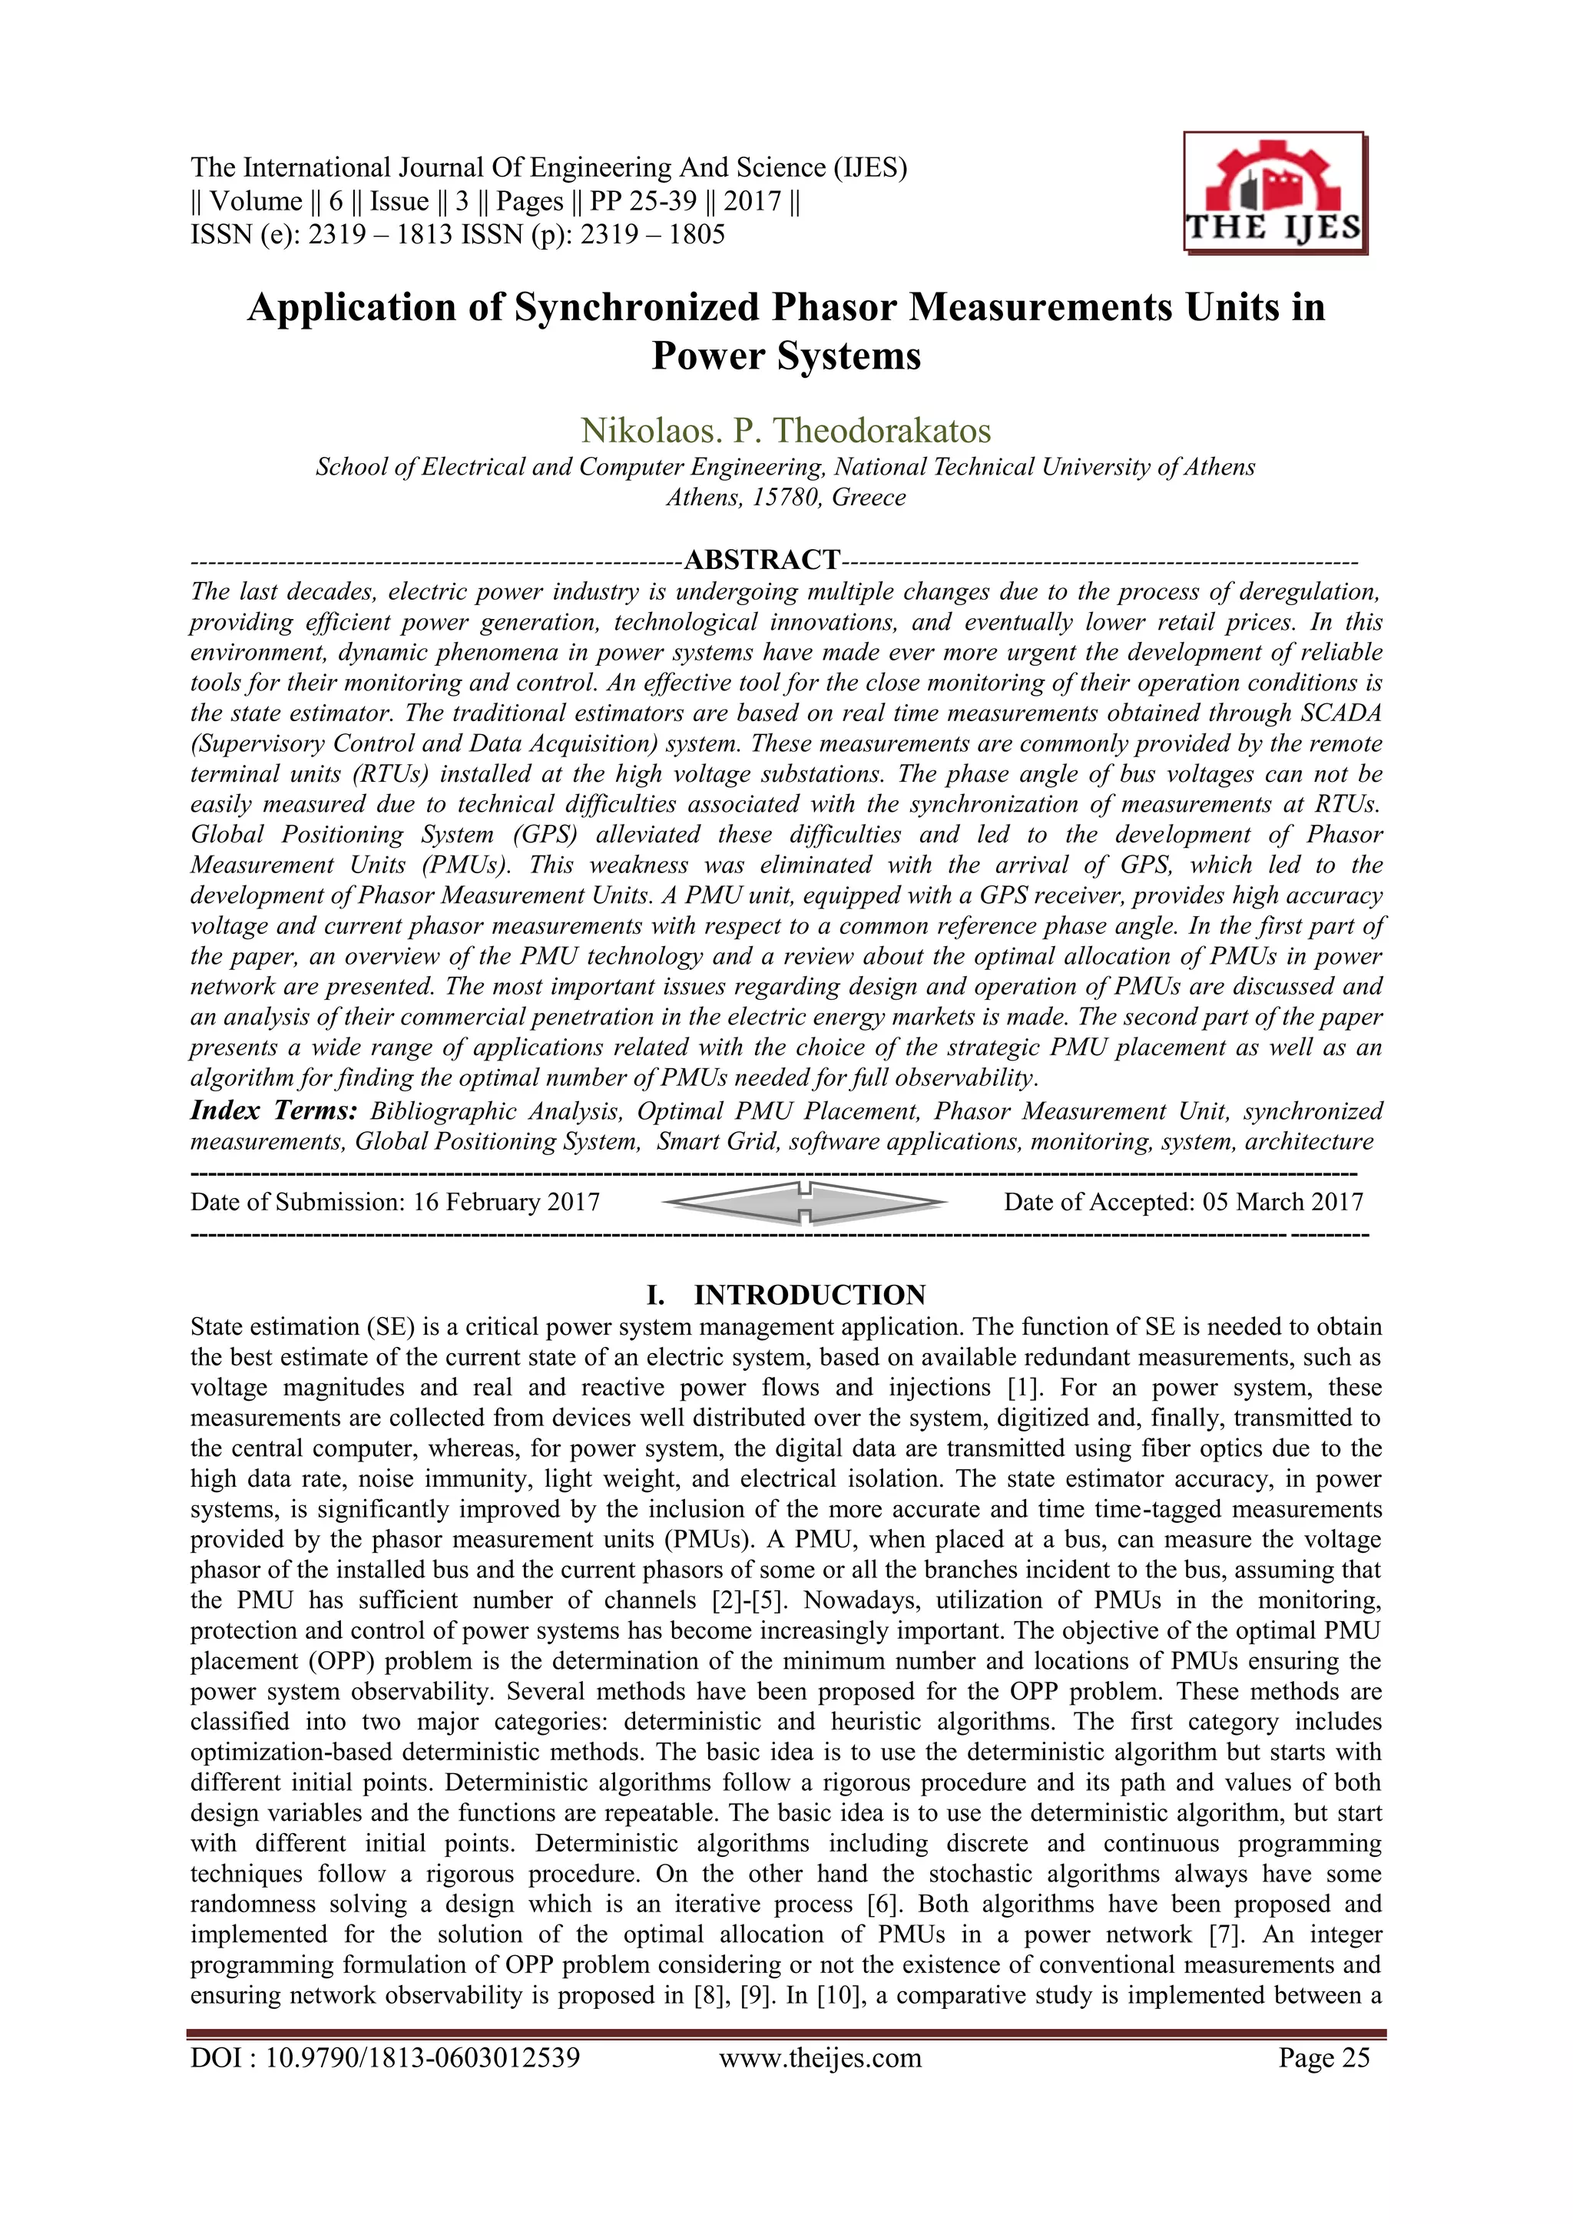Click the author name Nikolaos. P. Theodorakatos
[786, 430]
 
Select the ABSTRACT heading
[762, 560]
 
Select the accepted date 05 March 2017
[1283, 1202]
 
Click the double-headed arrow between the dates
[804, 1202]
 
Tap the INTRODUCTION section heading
[809, 1295]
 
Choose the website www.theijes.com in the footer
[820, 2058]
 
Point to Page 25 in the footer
[1323, 2058]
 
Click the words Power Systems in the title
[786, 356]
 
